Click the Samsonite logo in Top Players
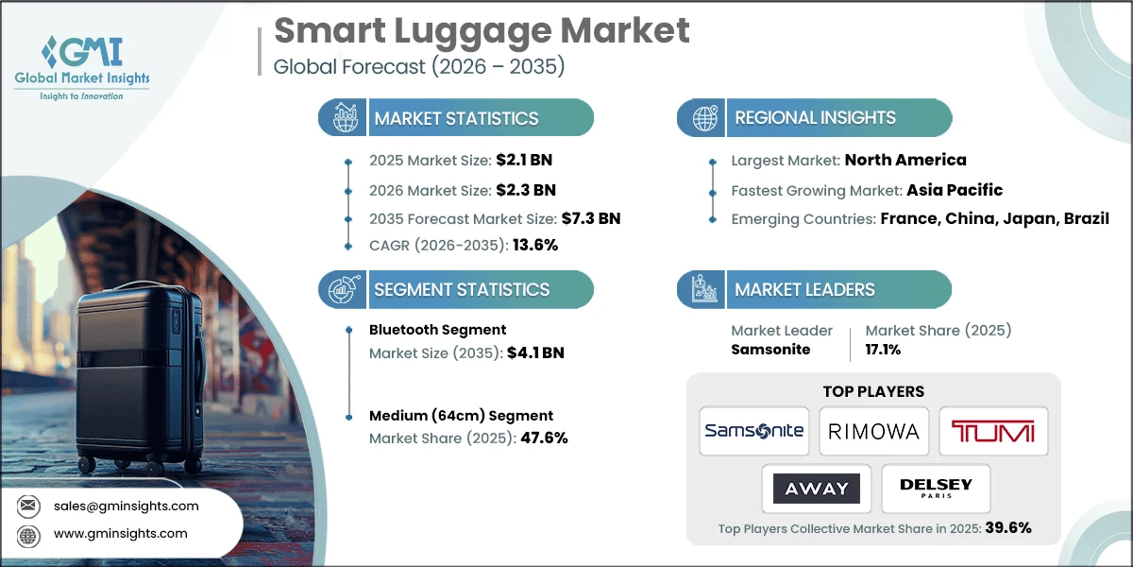754,431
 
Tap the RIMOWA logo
873,431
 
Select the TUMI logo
992,432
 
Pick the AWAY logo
817,488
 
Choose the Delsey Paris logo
935,488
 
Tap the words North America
905,160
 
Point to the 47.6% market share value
544,438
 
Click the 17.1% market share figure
883,349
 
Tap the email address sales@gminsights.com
126,506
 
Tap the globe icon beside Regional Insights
702,118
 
